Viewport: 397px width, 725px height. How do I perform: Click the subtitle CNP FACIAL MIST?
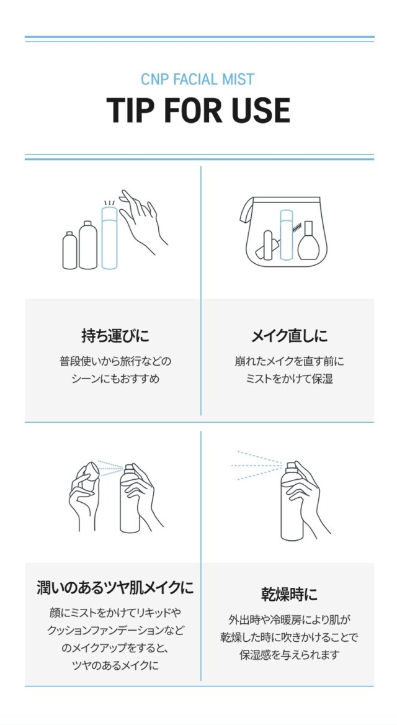click(x=198, y=79)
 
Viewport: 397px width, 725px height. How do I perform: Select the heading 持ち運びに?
click(x=115, y=336)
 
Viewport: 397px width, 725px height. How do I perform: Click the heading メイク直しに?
click(x=289, y=336)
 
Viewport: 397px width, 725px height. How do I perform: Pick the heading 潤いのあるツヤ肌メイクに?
click(x=115, y=587)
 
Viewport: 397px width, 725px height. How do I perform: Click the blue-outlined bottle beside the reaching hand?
click(x=110, y=237)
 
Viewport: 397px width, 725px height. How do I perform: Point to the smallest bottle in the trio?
click(x=70, y=250)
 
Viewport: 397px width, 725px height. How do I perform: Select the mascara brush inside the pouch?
click(x=297, y=228)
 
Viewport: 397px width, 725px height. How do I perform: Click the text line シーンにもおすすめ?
click(x=115, y=379)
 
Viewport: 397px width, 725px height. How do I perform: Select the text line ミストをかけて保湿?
click(x=289, y=379)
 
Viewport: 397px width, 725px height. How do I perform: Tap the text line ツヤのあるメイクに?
click(x=115, y=665)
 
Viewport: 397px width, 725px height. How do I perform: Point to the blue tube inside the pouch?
click(x=287, y=234)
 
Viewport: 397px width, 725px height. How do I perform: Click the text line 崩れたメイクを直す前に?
click(x=289, y=361)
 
